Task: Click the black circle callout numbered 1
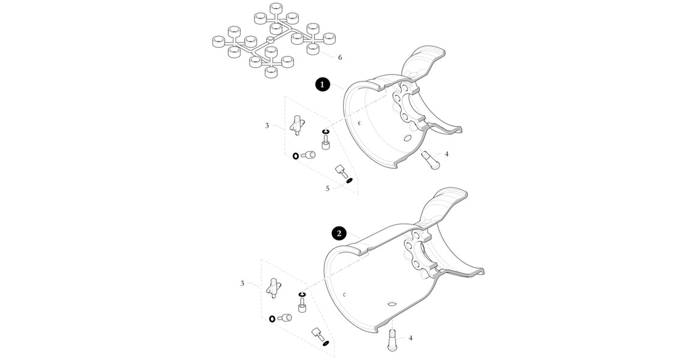pos(322,85)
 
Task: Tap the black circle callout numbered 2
pos(339,233)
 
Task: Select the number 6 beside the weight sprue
pos(340,57)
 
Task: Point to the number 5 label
pos(328,188)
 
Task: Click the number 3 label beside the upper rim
pos(267,125)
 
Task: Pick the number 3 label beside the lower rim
pos(242,283)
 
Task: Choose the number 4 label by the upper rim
pos(446,154)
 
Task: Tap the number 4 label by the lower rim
pos(410,338)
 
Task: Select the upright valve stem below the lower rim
pos(393,340)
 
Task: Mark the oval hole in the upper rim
pos(406,139)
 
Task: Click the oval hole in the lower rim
pos(391,304)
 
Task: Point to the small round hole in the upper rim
pos(360,123)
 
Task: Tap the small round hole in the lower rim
pos(344,294)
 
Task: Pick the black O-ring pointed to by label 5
pos(349,180)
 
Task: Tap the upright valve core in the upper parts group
pos(325,143)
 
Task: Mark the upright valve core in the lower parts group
pos(302,305)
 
